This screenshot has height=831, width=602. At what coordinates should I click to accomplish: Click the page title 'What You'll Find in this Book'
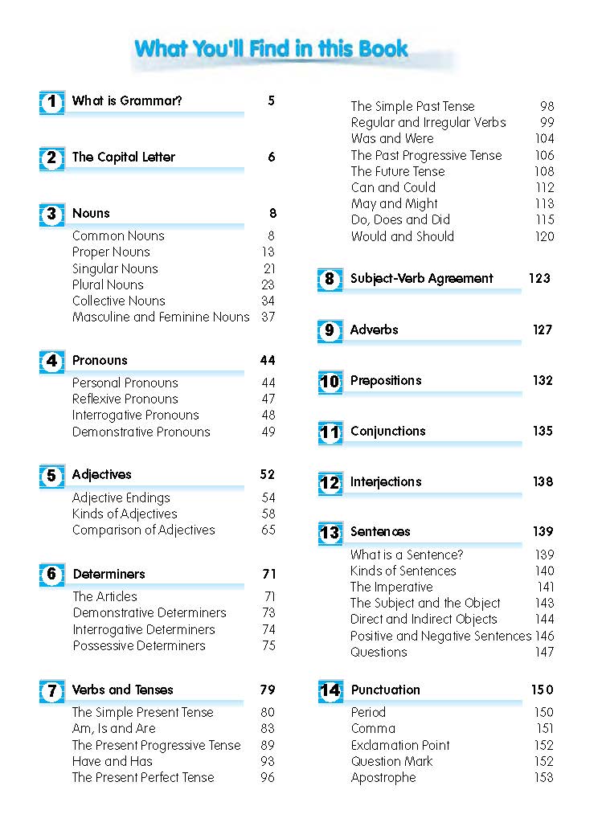click(272, 48)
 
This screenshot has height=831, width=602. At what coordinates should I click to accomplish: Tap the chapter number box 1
click(51, 102)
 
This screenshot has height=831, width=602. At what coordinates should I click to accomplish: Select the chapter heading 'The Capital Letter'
click(123, 158)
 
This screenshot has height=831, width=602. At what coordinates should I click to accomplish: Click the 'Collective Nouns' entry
click(118, 301)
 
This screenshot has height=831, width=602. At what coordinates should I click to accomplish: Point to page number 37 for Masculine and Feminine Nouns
click(268, 317)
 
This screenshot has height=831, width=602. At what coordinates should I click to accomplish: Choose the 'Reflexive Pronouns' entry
click(125, 399)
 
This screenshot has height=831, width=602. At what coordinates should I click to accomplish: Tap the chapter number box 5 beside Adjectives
click(51, 476)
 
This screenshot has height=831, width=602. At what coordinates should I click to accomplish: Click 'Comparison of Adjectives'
click(143, 530)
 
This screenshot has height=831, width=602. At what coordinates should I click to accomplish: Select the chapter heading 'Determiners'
click(109, 575)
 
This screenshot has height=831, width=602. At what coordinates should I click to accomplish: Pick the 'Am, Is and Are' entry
click(113, 729)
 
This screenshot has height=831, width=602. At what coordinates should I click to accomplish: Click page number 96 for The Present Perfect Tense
click(268, 778)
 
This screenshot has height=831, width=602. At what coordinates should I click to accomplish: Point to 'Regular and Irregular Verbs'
click(428, 123)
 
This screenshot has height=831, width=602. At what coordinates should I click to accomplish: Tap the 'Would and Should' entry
click(402, 237)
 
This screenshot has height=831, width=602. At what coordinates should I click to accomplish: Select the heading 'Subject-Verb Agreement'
click(421, 279)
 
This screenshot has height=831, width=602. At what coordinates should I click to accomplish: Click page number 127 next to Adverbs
click(543, 330)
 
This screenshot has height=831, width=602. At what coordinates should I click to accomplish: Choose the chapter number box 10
click(330, 382)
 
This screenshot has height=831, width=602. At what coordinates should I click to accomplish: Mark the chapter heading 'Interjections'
click(385, 482)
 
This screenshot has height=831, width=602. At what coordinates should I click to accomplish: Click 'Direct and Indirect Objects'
click(423, 620)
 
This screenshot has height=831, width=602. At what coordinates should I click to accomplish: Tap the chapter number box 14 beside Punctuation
click(330, 691)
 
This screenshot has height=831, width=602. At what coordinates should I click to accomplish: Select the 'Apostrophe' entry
click(383, 778)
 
